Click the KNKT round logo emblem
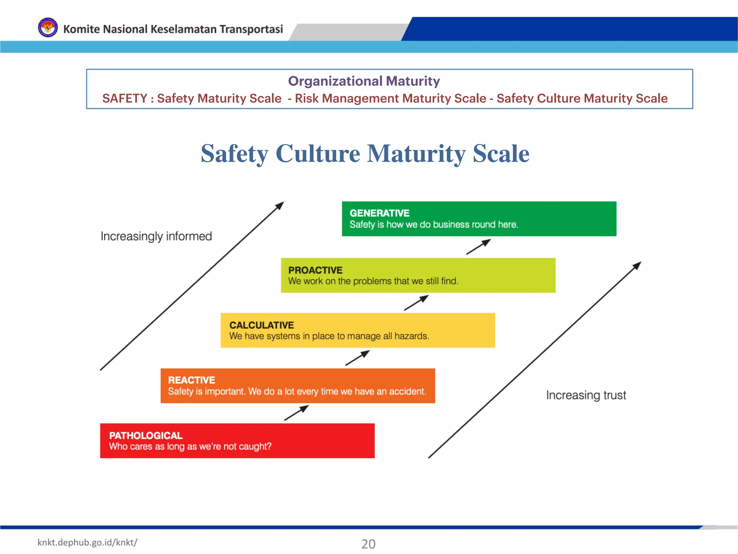[48, 28]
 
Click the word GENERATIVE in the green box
[379, 213]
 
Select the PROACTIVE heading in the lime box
[315, 270]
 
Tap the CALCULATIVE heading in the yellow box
[262, 325]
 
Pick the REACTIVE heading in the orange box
[191, 380]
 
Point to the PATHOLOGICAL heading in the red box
[146, 435]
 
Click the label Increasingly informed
[156, 236]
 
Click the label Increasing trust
[586, 395]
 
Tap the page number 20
[368, 544]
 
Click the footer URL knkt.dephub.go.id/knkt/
[87, 542]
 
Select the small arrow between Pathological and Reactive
[296, 413]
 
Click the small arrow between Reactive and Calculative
[357, 358]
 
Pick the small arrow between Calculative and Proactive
[416, 303]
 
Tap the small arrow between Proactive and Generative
[479, 247]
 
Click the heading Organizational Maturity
[364, 81]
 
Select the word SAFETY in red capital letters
[125, 98]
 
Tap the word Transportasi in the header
[251, 29]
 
